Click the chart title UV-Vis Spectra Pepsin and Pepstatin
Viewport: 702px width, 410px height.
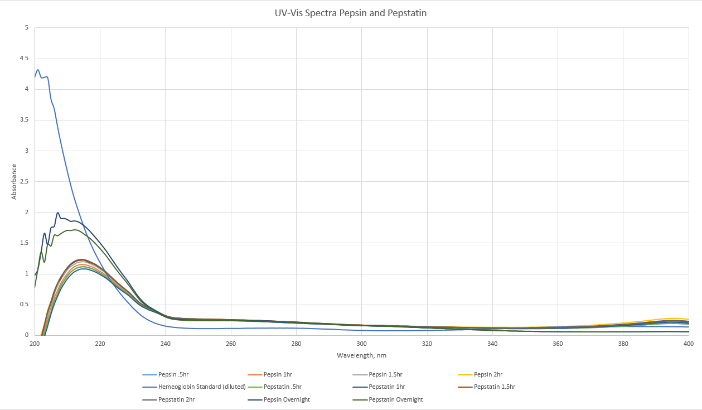[x=351, y=13]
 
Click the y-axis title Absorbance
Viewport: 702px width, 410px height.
[x=14, y=181]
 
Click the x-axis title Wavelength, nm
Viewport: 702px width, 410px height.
[x=361, y=355]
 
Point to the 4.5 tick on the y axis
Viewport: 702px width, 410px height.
[x=24, y=59]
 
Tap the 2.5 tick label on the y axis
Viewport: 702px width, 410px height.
[x=24, y=182]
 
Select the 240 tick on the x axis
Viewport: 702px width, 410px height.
[x=166, y=344]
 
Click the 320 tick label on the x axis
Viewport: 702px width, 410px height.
[x=427, y=344]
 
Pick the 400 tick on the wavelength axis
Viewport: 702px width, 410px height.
[x=689, y=344]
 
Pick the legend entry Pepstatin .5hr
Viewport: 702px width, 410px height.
[x=285, y=387]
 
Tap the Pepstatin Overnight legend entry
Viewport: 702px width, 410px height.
[x=395, y=399]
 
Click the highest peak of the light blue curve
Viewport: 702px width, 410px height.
[x=38, y=70]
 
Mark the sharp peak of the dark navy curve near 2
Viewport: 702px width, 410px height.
[x=58, y=213]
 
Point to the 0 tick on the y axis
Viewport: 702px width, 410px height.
[x=26, y=335]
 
